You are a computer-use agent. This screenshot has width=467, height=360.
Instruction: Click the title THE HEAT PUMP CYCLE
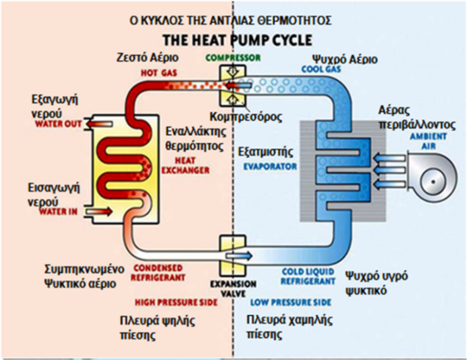[238, 40]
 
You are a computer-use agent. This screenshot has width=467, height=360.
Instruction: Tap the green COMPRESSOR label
[233, 58]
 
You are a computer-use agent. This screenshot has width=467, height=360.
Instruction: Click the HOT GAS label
[159, 73]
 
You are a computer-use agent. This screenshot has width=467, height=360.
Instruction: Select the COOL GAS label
[321, 69]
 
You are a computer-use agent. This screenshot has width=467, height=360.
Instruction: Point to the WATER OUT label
[58, 124]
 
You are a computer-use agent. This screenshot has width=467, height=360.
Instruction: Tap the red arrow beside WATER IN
[99, 212]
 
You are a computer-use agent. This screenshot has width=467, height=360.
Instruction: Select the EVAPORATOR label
[270, 167]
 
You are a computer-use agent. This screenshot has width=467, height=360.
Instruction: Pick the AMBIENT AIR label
[428, 141]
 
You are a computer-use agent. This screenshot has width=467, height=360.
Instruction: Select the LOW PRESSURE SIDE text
[291, 303]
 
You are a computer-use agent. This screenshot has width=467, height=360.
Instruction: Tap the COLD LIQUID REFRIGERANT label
[307, 277]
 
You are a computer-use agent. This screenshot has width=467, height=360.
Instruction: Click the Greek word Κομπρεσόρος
[254, 116]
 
